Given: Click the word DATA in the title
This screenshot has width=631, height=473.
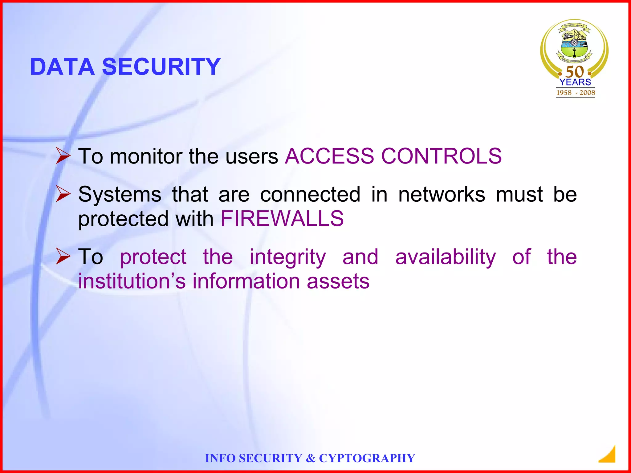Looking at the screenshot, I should click(x=62, y=67).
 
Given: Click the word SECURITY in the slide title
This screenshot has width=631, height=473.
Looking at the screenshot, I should click(x=161, y=67).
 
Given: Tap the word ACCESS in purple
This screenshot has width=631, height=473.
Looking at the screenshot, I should click(x=329, y=156).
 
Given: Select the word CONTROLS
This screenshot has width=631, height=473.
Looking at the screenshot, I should click(x=441, y=156).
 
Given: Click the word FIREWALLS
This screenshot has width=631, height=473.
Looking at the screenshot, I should click(x=282, y=219).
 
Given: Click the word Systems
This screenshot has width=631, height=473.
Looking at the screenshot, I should click(x=120, y=195).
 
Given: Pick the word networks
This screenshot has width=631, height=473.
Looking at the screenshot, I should click(x=442, y=195).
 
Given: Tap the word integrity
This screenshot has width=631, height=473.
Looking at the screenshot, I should click(x=287, y=257).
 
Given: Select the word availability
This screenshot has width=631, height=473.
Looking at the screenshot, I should click(x=446, y=257).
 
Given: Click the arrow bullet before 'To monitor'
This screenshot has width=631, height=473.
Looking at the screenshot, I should click(x=63, y=156).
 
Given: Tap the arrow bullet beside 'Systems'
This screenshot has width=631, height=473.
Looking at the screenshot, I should click(x=63, y=194).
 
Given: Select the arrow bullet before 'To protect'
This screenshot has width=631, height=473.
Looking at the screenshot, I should click(x=63, y=257).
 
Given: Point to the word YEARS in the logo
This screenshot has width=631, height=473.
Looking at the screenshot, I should click(x=575, y=82).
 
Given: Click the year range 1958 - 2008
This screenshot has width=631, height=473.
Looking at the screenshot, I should click(x=576, y=93).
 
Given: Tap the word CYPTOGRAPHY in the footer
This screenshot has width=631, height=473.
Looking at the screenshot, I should click(x=367, y=458).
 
